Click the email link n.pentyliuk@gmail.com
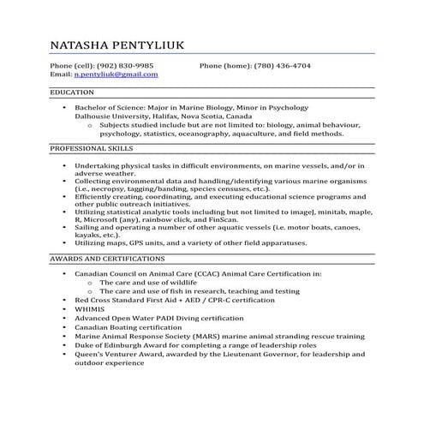116,75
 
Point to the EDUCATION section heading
72,92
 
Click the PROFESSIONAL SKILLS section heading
90,148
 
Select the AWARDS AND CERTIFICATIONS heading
107,257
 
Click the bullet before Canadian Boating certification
64,327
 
